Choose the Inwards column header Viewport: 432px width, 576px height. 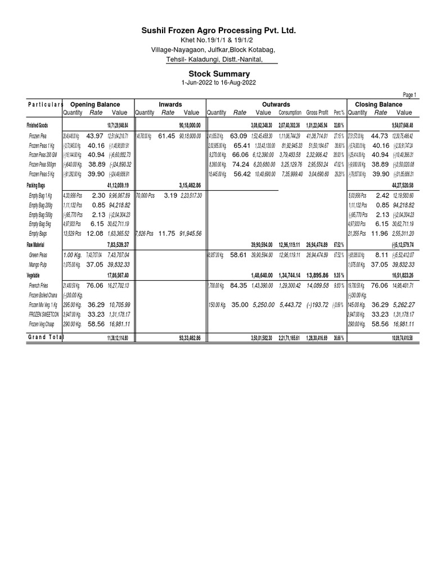[170, 104]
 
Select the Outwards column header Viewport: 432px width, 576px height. [276, 104]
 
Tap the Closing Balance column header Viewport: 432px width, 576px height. [379, 104]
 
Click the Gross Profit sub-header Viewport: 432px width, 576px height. [319, 112]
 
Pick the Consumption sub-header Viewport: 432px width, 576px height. [290, 112]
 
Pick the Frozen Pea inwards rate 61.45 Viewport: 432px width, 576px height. [167, 136]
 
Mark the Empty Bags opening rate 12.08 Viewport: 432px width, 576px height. [95, 233]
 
